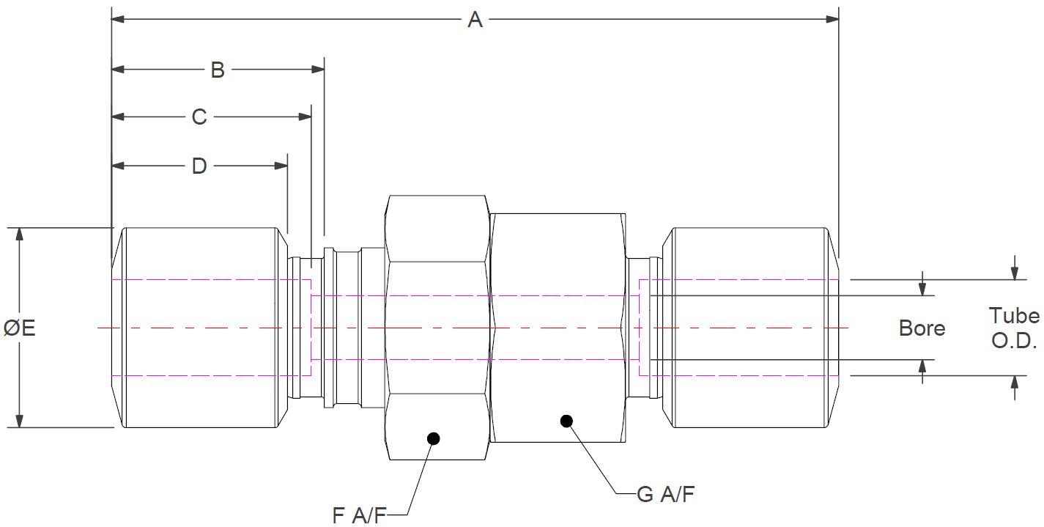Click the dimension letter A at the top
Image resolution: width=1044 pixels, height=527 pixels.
pos(475,20)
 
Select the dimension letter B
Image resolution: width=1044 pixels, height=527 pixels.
pos(218,70)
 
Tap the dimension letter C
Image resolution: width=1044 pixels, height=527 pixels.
pos(199,117)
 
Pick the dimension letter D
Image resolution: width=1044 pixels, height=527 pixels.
pos(199,166)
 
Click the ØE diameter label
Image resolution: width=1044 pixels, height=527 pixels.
pos(20,328)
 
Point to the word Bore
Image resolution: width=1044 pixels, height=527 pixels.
pos(922,328)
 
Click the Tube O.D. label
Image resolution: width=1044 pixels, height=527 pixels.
pos(1014,328)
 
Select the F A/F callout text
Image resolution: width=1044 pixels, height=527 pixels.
pos(359,516)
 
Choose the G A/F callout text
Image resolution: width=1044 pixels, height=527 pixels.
pos(665,495)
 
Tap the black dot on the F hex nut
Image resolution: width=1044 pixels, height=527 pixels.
pos(433,438)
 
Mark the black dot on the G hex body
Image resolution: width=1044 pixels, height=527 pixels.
pos(566,421)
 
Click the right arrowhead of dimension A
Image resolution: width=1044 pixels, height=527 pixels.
pos(832,19)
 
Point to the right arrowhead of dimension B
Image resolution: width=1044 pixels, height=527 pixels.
pos(317,70)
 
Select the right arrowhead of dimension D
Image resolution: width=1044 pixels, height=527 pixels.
pos(281,166)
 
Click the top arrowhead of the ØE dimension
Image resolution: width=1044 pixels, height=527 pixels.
pos(20,234)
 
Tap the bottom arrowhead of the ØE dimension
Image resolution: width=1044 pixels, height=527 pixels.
pos(20,421)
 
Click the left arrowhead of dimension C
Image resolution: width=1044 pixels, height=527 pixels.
pos(118,117)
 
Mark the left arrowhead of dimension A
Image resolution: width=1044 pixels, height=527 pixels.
pos(117,19)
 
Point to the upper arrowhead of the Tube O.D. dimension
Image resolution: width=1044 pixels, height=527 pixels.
pos(1015,273)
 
